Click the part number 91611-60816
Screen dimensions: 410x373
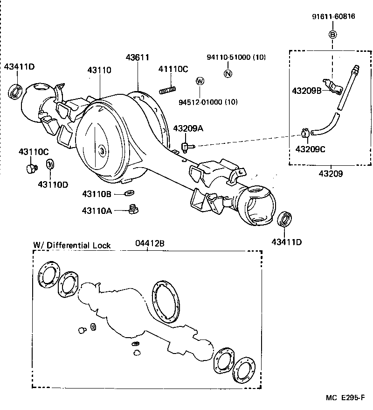coord(333,16)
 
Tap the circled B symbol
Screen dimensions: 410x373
coord(332,34)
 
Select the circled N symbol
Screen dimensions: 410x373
coord(228,72)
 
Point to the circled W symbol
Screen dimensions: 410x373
coord(200,81)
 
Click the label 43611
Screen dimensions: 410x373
coord(137,58)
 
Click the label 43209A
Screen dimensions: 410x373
coord(188,128)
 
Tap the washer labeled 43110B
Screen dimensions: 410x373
coord(129,193)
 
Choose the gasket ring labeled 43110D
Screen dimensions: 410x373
coord(49,165)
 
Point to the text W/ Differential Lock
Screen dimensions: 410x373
coord(72,245)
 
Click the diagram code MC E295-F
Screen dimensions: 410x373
coord(345,398)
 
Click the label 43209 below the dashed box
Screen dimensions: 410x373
coord(331,174)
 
